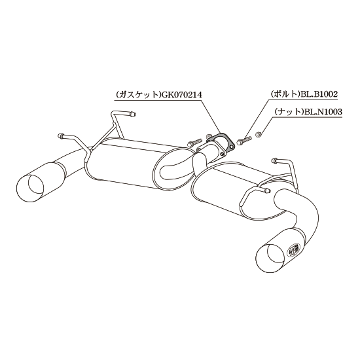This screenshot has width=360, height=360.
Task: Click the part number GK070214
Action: (181, 95)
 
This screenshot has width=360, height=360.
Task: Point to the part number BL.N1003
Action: (323, 111)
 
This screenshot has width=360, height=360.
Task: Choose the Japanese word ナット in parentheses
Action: (290, 111)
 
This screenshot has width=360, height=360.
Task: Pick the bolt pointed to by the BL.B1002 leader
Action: (244, 140)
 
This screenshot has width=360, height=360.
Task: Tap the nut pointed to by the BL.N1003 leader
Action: (259, 134)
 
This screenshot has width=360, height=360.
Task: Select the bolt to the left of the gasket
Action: (194, 142)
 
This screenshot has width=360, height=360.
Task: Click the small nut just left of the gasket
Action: (208, 136)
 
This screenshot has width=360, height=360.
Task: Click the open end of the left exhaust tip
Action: (30, 189)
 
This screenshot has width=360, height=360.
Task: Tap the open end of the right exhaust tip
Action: (269, 258)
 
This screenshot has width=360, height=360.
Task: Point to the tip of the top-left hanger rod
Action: (133, 114)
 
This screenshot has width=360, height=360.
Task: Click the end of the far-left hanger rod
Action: (61, 135)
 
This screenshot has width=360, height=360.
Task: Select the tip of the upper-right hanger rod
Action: (275, 160)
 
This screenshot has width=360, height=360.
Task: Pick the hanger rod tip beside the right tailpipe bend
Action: (266, 190)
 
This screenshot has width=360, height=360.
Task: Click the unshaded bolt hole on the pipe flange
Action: (221, 154)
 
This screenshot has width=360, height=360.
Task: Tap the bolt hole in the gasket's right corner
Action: (232, 145)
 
